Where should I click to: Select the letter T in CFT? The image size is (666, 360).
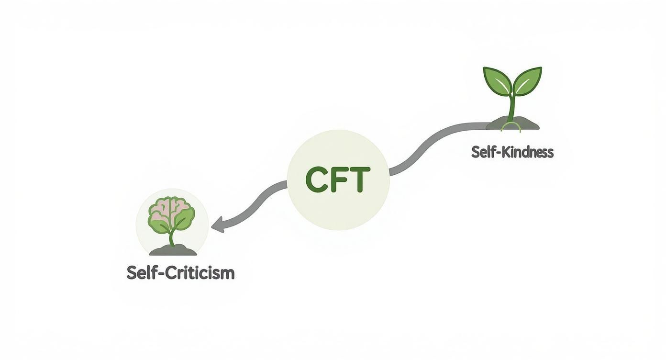(360, 180)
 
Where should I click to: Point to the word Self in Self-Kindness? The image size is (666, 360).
(482, 152)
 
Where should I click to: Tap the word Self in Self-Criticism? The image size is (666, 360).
(141, 273)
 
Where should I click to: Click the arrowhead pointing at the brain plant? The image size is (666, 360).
(218, 225)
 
